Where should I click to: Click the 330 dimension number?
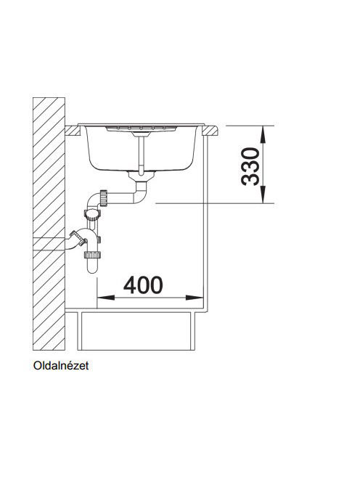(x=250, y=167)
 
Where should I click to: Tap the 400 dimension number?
(x=143, y=285)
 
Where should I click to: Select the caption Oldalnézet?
(x=61, y=366)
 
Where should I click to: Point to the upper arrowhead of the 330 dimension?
(x=263, y=134)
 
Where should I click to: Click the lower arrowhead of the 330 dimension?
(x=263, y=195)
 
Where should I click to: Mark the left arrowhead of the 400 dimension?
(x=106, y=298)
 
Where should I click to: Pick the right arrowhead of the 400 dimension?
(x=195, y=298)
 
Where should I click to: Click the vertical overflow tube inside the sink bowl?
(x=141, y=155)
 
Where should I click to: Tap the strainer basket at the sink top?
(x=141, y=128)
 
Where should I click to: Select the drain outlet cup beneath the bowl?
(x=141, y=176)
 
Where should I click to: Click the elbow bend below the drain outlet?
(x=140, y=193)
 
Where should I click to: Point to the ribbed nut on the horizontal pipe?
(x=103, y=199)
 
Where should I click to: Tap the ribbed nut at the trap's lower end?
(x=92, y=255)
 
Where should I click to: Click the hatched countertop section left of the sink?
(x=72, y=131)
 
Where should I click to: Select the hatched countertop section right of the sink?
(x=210, y=131)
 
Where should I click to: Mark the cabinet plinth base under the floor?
(x=136, y=331)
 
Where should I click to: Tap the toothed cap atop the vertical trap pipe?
(x=92, y=213)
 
